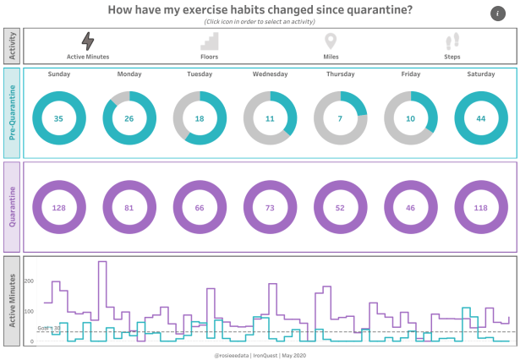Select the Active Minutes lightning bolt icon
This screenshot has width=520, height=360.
click(88, 41)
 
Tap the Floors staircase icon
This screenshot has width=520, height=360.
click(210, 41)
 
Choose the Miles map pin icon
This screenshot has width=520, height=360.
click(331, 41)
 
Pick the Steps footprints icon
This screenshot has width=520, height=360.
click(452, 41)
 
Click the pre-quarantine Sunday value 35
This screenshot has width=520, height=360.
click(58, 118)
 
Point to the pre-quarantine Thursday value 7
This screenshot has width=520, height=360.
click(340, 118)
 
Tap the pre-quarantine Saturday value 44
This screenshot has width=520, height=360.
click(481, 118)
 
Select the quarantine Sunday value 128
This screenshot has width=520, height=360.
click(58, 208)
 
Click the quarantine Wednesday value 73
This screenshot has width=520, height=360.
click(270, 208)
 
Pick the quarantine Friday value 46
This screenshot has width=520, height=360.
click(411, 208)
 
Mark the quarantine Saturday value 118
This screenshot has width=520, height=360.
click(481, 208)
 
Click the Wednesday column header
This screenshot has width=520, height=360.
click(270, 74)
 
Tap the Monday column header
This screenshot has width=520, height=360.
click(129, 74)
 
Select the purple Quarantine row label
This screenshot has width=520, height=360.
click(13, 207)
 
